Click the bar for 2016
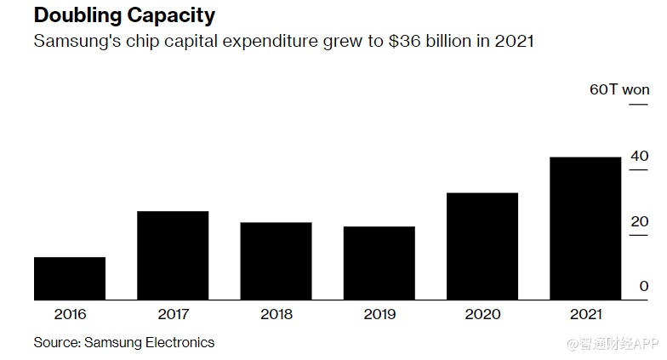pyautogui.click(x=70, y=278)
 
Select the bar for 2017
pyautogui.click(x=173, y=255)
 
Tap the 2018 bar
pyautogui.click(x=276, y=260)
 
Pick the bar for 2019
pyautogui.click(x=379, y=263)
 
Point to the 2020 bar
pyautogui.click(x=482, y=246)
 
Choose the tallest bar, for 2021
pyautogui.click(x=585, y=228)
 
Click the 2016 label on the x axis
pyautogui.click(x=70, y=314)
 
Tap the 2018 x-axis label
pyautogui.click(x=276, y=314)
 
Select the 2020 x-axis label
pyautogui.click(x=482, y=314)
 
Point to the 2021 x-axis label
pyautogui.click(x=585, y=314)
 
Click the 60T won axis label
pyautogui.click(x=619, y=89)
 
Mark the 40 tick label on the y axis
pyautogui.click(x=639, y=156)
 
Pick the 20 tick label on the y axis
pyautogui.click(x=639, y=221)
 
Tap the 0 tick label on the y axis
pyautogui.click(x=644, y=287)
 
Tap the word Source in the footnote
pyautogui.click(x=55, y=342)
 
